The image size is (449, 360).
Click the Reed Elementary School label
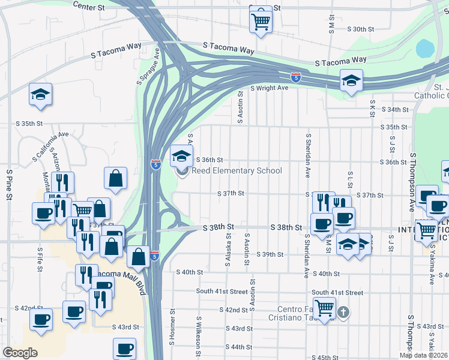point(237,171)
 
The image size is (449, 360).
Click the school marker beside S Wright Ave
point(351,80)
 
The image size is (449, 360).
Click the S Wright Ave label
point(270,88)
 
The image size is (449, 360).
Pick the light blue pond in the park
point(424,47)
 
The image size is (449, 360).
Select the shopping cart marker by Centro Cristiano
point(325,308)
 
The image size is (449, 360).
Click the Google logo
point(20,353)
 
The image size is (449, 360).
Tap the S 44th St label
point(239,347)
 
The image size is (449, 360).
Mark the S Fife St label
point(40,258)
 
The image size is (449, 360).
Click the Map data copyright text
point(423,355)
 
